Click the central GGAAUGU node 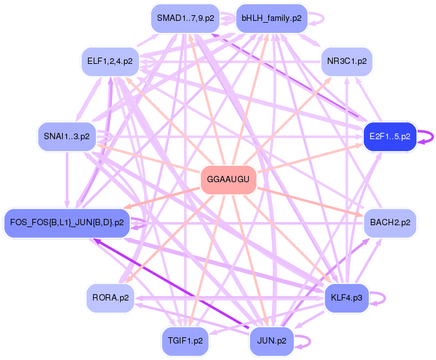[x=228, y=180]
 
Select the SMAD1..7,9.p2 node [x=185, y=18]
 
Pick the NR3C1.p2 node [x=346, y=61]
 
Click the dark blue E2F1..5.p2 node [x=389, y=136]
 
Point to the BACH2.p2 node [x=390, y=223]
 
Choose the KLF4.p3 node [x=346, y=297]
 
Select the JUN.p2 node [x=271, y=340]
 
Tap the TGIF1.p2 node [x=185, y=340]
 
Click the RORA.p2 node [x=111, y=297]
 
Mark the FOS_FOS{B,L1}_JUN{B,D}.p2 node [x=67, y=223]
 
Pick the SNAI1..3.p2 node [x=66, y=136]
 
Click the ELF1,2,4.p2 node [x=110, y=61]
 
